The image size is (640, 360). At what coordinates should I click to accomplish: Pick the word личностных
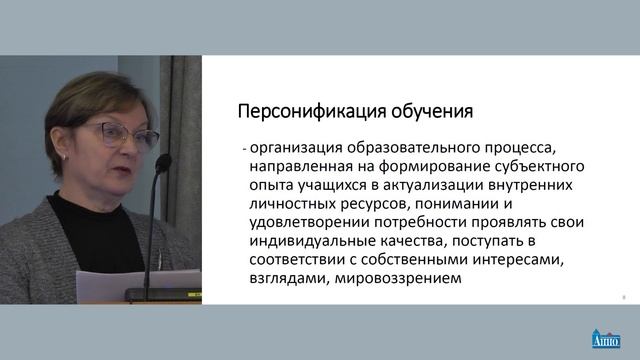[x=291, y=204]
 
